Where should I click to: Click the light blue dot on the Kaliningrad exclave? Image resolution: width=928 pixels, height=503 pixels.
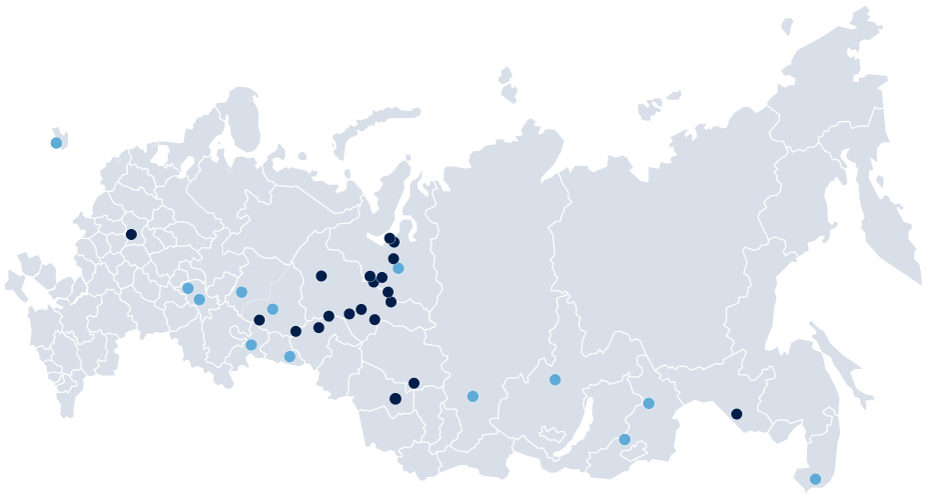pos(56,143)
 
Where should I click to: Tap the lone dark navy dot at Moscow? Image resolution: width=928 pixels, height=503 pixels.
pos(131,235)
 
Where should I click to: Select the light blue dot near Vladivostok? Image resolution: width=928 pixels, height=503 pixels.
pos(815,479)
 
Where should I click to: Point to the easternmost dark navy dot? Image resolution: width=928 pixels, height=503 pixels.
pos(736,414)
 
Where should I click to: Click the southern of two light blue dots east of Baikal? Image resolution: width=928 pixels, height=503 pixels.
pos(624,439)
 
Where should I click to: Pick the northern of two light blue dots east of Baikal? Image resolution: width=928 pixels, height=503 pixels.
pos(648,403)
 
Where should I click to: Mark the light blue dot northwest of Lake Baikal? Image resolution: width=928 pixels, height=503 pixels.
pos(555,379)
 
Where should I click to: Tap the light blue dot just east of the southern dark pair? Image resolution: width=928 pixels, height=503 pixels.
pos(472,396)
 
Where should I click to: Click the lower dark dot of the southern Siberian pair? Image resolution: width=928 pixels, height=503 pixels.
pos(395,399)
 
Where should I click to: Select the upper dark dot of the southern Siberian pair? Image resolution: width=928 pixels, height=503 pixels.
pos(414,383)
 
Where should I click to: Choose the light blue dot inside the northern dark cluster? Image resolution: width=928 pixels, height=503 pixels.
pos(399,268)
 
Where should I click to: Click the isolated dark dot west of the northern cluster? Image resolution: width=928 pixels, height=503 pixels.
pos(321,276)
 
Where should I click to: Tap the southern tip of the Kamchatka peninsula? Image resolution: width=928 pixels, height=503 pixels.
pos(917,279)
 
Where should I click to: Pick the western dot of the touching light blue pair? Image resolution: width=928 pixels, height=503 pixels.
pos(188,288)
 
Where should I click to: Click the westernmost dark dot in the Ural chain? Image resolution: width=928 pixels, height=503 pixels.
pos(260,320)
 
